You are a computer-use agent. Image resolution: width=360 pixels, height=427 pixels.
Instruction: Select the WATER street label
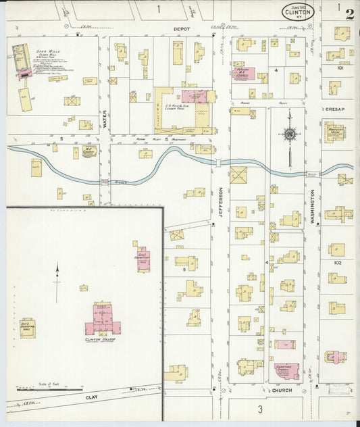coord(105,119)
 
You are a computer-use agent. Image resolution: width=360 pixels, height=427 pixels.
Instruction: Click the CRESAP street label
coord(335,108)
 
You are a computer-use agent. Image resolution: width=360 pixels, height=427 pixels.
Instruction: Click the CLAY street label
coord(92,398)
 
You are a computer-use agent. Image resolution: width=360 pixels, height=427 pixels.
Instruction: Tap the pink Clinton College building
coord(103,320)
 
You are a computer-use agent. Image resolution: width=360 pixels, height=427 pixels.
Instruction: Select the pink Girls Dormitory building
coord(143,258)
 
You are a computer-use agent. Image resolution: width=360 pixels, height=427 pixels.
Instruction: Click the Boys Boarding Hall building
coord(28,328)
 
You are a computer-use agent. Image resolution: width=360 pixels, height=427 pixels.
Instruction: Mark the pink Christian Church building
coord(287,370)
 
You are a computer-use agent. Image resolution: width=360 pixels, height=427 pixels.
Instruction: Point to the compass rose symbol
coord(290,134)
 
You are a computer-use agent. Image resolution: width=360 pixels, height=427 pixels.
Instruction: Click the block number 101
coord(341,68)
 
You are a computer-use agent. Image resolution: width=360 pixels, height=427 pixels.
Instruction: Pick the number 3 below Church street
coord(259,408)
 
